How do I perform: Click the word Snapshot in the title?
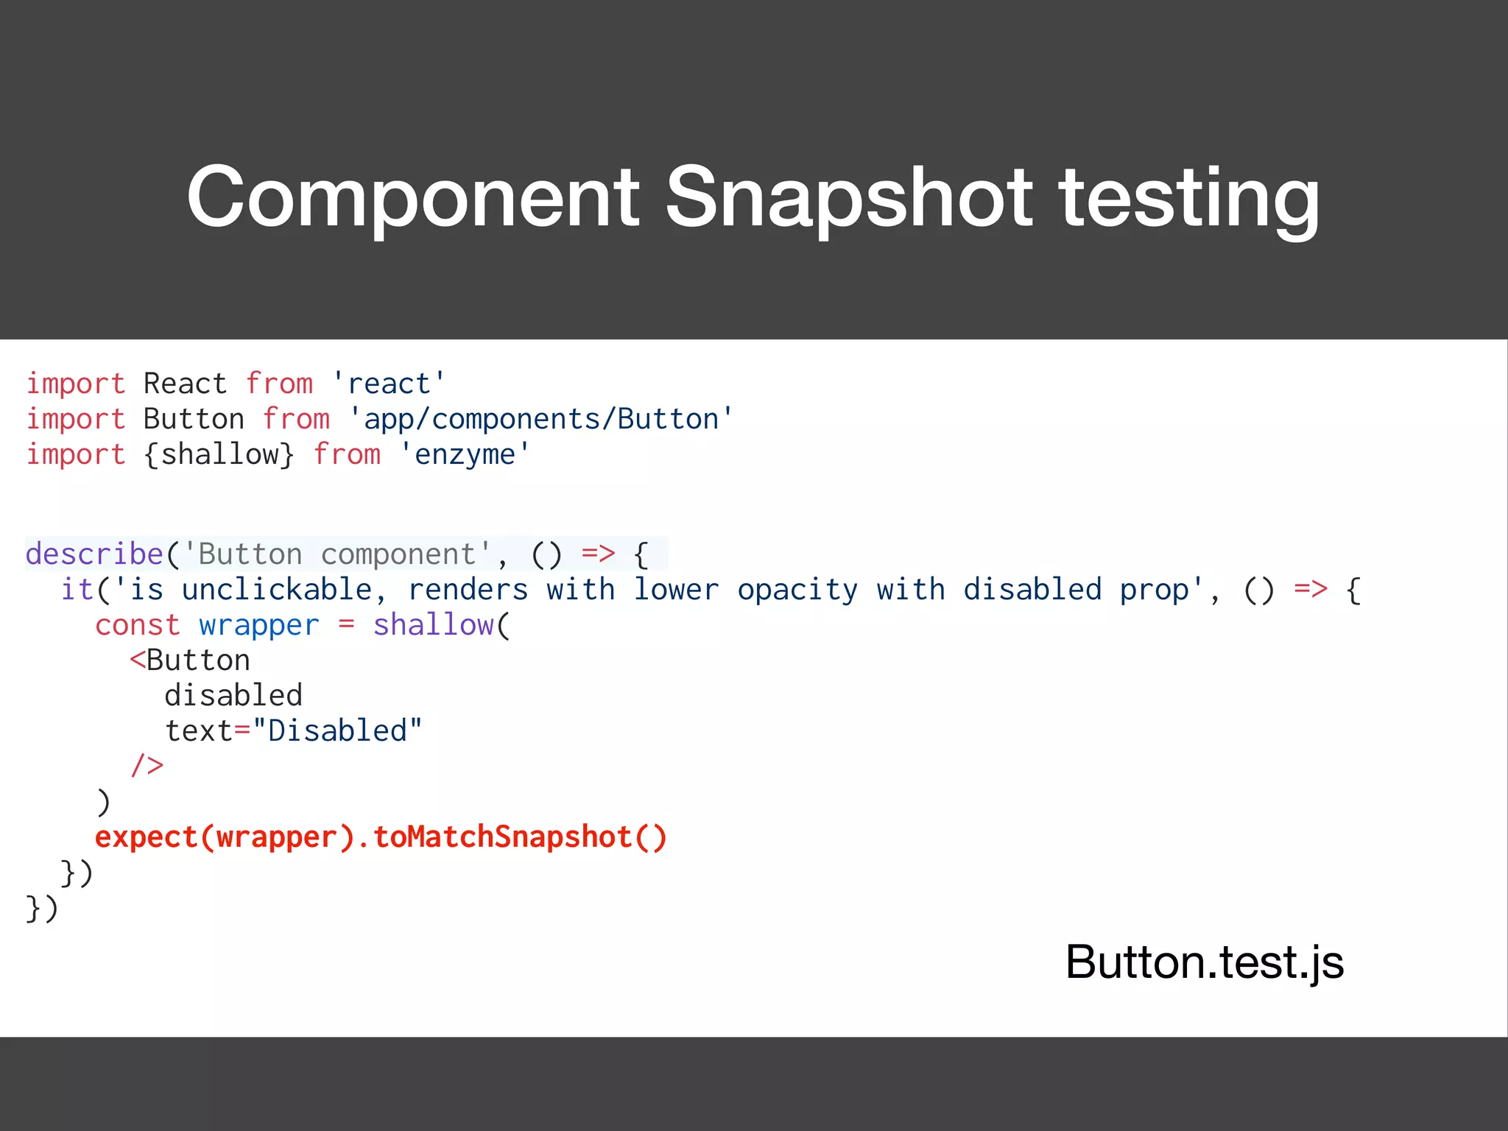pos(849,197)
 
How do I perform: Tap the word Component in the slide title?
pos(413,197)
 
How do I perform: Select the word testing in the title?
pos(1188,197)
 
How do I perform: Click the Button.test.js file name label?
pos(1204,962)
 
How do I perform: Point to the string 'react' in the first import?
pos(388,384)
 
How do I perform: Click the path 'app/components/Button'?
pos(540,419)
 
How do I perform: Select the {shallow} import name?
pos(219,454)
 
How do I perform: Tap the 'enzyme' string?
pos(464,454)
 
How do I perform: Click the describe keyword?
pos(94,554)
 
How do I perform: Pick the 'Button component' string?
pos(337,554)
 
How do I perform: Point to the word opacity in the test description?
pos(797,590)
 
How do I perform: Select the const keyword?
pos(137,625)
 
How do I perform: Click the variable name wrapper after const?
pos(259,625)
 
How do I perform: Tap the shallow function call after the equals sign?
pos(434,625)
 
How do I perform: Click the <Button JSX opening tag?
pos(190,660)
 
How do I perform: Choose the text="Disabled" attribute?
pos(293,731)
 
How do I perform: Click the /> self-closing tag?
pos(147,766)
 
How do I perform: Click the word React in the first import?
pos(185,384)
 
